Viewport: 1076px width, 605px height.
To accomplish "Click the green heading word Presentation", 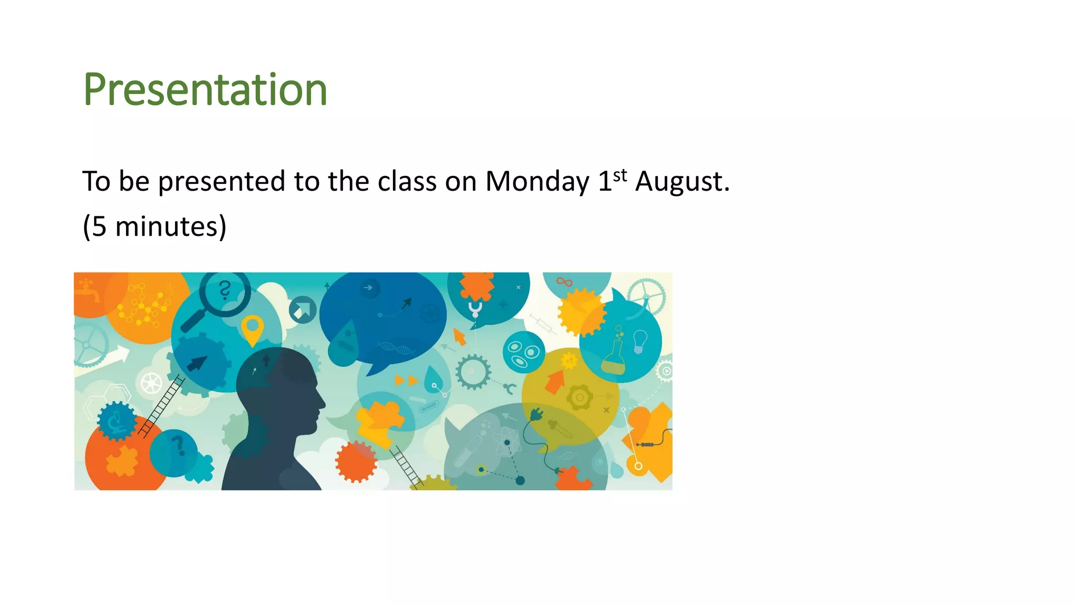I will point(205,89).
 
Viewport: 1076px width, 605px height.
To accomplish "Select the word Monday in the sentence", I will point(537,182).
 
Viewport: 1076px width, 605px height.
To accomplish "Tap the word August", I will point(681,182).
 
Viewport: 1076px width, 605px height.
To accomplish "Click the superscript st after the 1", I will point(620,175).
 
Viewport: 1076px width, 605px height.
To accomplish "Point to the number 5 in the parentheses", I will point(99,227).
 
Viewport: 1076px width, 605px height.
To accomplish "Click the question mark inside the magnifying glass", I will point(225,290).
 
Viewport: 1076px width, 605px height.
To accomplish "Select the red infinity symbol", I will point(564,282).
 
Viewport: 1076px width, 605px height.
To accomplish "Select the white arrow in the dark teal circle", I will point(303,310).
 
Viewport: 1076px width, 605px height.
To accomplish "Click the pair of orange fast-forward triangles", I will point(406,380).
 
